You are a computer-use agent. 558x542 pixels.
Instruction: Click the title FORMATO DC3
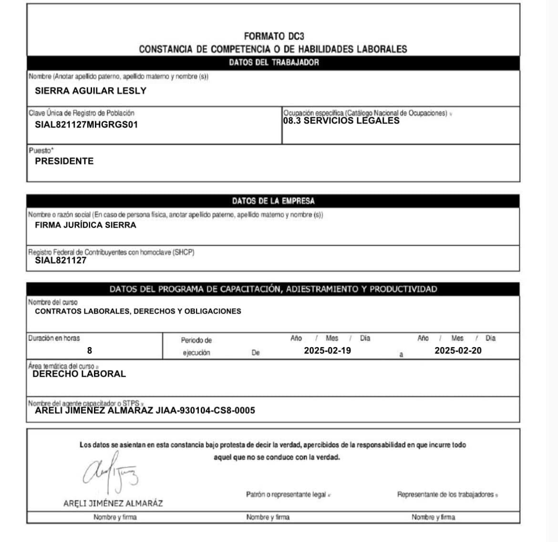point(273,36)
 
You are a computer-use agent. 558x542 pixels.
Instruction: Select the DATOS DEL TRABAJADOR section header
point(273,62)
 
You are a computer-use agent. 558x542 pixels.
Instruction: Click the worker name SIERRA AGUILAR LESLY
point(91,91)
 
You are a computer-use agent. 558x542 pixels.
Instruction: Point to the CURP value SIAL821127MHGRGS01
point(86,125)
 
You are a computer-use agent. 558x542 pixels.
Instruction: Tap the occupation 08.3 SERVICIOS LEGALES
point(341,121)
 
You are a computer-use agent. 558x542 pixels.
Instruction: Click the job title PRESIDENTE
point(64,161)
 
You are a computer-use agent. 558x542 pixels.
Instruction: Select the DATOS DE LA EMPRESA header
point(273,201)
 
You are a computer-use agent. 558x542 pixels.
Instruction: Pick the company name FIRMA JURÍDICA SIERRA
point(85,225)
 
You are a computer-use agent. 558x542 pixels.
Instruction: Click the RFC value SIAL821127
point(61,260)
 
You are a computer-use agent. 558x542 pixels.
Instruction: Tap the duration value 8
point(90,350)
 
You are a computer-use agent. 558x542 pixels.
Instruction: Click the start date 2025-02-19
point(328,350)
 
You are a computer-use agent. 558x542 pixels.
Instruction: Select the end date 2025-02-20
point(458,350)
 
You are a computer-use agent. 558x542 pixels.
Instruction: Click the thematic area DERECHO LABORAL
point(79,374)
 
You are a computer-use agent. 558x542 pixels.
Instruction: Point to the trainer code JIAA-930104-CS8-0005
point(206,410)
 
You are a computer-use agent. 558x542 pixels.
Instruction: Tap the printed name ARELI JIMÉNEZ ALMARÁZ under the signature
point(113,503)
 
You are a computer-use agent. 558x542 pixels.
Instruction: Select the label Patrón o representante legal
point(286,494)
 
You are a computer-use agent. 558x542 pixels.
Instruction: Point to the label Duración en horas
point(54,338)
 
